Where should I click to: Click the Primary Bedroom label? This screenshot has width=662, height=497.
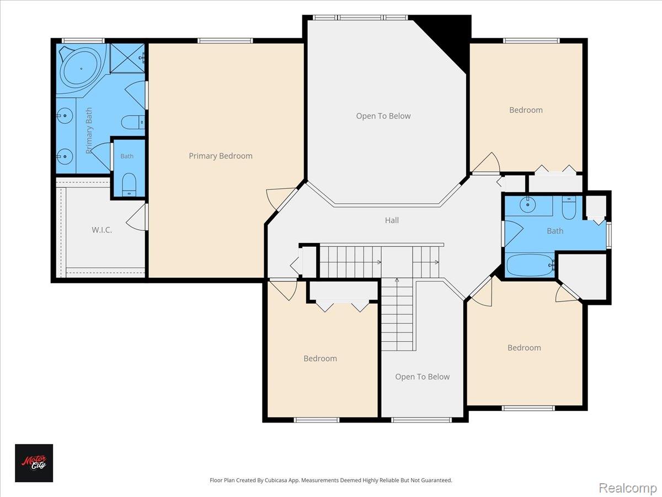point(221,156)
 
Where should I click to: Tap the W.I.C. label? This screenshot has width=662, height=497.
point(102,230)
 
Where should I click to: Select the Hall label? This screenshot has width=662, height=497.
point(392,220)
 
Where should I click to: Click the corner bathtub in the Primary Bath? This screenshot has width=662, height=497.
point(82,69)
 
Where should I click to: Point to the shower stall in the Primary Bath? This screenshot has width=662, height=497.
point(127,58)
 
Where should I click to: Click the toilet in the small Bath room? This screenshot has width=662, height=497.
point(129,184)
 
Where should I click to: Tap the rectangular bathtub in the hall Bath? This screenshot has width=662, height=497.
point(530,265)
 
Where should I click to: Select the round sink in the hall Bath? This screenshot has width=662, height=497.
point(528,204)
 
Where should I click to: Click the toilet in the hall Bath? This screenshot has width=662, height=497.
point(569,208)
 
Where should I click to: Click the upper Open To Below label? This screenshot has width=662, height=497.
point(383,116)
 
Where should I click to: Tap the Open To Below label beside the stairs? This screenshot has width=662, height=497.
point(422,377)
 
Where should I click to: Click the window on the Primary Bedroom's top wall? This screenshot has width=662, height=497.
point(225,41)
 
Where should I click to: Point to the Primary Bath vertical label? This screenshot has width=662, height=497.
point(89,130)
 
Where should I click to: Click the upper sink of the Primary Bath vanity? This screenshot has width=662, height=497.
point(65,115)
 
